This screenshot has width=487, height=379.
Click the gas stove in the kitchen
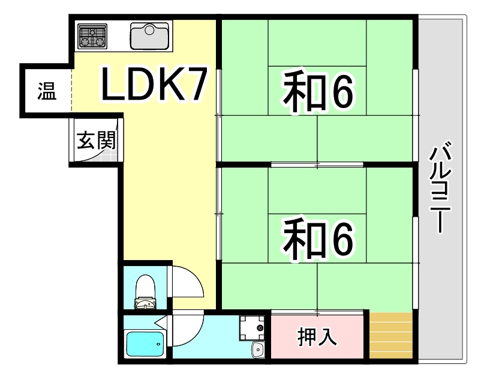(x=92, y=37)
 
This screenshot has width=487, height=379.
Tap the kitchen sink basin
(x=150, y=36)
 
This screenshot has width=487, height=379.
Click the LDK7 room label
(x=154, y=84)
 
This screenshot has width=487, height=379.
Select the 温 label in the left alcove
(x=47, y=91)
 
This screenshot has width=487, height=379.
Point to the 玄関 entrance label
(x=97, y=140)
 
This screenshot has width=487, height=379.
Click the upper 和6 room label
(x=318, y=91)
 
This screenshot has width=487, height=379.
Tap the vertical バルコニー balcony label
(x=440, y=187)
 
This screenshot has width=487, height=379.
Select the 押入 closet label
(x=317, y=337)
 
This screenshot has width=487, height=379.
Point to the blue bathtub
(x=145, y=345)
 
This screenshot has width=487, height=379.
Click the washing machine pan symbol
(x=252, y=328)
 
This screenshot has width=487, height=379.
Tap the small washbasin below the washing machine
(x=258, y=350)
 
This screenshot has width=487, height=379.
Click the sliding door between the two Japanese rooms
(x=317, y=165)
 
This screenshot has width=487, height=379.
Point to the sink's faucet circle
(x=150, y=29)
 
